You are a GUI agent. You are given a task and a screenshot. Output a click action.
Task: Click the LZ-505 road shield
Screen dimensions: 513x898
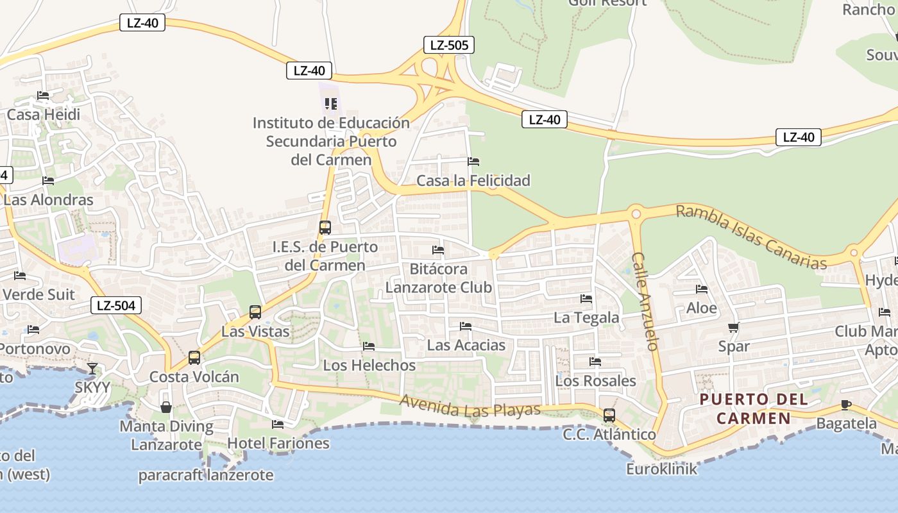tap(449, 45)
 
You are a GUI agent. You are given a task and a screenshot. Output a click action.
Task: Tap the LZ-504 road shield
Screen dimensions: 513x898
tap(116, 305)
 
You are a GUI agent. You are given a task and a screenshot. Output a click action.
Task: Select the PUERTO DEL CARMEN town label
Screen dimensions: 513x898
tap(753, 409)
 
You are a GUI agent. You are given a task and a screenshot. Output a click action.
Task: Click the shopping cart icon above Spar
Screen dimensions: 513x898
tap(734, 328)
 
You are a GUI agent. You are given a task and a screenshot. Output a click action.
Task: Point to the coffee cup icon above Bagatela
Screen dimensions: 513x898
tap(846, 405)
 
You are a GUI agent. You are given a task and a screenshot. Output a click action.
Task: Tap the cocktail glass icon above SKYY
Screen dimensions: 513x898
tap(92, 368)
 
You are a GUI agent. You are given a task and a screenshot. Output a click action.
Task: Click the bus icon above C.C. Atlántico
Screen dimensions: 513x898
tap(609, 416)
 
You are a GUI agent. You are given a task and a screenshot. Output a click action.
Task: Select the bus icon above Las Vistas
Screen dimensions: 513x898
tap(255, 312)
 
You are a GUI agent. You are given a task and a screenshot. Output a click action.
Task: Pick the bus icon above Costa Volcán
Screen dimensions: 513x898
tap(194, 357)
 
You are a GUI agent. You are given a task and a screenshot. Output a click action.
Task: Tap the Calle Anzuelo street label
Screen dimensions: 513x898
tap(645, 301)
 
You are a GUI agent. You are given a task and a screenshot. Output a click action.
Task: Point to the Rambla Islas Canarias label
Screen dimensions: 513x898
tap(751, 237)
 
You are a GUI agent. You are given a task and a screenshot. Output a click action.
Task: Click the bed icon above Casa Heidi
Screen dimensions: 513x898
tap(43, 96)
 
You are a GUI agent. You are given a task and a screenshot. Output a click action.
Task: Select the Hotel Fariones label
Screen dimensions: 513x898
tap(278, 443)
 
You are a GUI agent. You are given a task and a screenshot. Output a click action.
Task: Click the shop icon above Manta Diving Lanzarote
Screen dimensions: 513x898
tap(166, 407)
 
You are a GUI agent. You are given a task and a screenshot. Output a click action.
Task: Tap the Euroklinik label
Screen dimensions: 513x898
tap(661, 469)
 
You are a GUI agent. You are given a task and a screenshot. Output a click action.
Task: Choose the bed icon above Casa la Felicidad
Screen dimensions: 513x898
tap(473, 162)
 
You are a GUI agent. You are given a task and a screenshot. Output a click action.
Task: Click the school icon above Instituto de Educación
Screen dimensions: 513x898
tap(331, 103)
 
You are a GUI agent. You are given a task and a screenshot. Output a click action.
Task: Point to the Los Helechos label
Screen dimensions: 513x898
tap(369, 366)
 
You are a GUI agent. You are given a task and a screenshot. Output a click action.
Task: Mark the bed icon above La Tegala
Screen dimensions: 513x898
tap(586, 298)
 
